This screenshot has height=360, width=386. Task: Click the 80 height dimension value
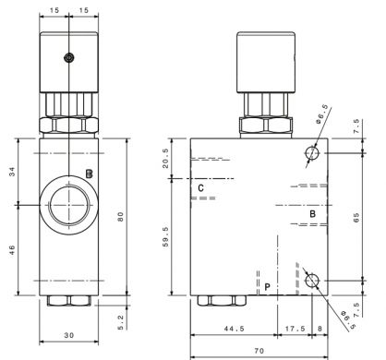[120, 217]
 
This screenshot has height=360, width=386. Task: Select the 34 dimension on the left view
[12, 172]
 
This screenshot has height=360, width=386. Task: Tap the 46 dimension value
[12, 251]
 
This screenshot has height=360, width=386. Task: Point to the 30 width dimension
[69, 335]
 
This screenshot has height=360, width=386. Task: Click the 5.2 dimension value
[120, 322]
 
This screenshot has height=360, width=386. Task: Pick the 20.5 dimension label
[165, 158]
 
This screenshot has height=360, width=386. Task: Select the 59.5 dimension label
[165, 237]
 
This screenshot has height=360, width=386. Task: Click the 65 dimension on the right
[356, 218]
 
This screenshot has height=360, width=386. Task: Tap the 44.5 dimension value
[234, 329]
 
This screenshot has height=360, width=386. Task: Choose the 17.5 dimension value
[295, 329]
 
